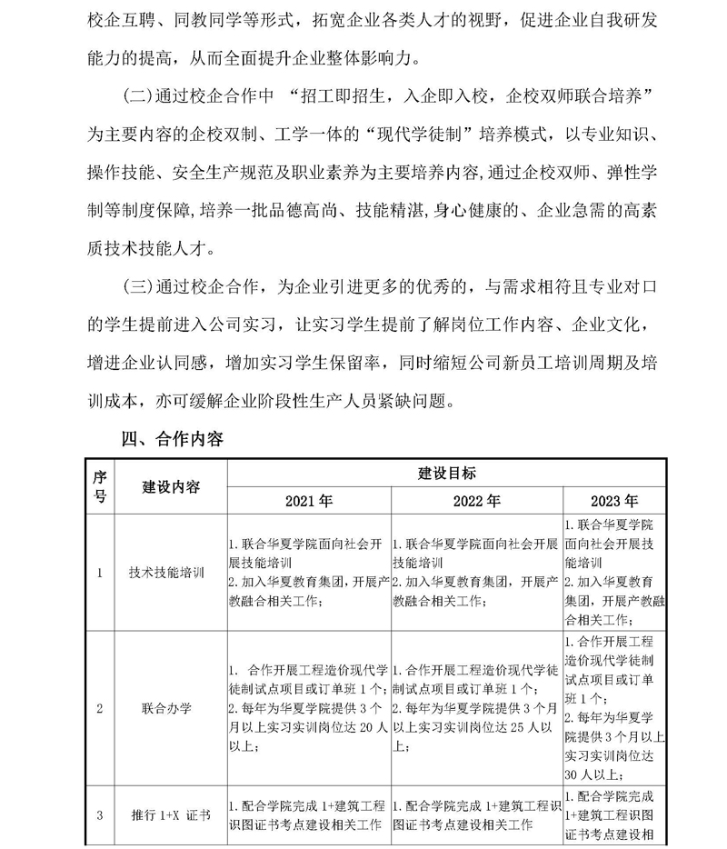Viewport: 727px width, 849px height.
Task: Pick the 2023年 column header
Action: [614, 501]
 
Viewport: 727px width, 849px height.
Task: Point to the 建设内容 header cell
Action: [169, 486]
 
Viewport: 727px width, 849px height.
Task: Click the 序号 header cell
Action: [100, 487]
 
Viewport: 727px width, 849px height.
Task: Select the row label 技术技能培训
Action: [169, 574]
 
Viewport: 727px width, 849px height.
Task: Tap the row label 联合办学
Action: [169, 706]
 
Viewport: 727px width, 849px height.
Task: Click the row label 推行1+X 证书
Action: [169, 814]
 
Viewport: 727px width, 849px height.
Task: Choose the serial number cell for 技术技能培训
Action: [100, 574]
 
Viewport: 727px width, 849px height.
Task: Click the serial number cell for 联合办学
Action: [100, 706]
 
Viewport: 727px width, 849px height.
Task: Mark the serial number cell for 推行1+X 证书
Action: [100, 814]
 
